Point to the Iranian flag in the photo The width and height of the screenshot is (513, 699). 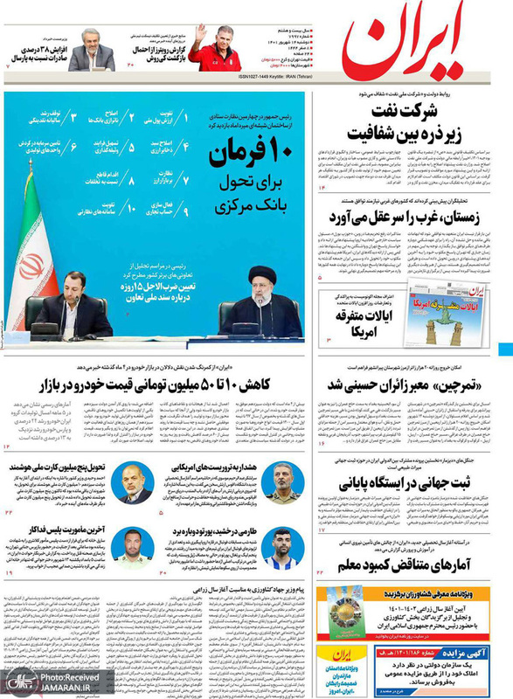click(31, 253)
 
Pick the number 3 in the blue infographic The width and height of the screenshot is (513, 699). click(75, 115)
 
